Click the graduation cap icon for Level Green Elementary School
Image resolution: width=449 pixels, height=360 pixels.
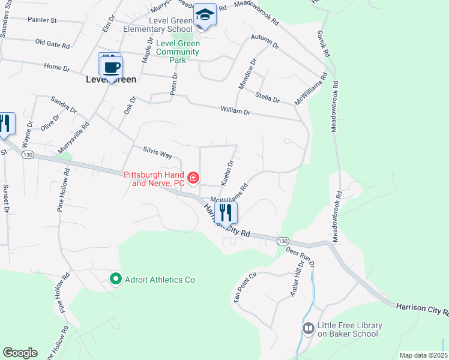tap(205, 14)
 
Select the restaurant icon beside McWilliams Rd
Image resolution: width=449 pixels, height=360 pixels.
tap(226, 212)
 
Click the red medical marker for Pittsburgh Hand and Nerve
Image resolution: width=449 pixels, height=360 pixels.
tap(193, 177)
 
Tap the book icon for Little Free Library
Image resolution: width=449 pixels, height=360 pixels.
tap(308, 328)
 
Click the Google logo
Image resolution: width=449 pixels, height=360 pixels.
tap(20, 353)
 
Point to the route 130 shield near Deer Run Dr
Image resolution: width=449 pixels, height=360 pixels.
tap(282, 240)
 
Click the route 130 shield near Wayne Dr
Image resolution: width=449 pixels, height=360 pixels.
tap(28, 155)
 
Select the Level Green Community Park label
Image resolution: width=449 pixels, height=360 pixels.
tap(178, 52)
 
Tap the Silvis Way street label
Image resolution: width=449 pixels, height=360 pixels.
tap(157, 153)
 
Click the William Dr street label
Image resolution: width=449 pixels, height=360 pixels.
tap(235, 111)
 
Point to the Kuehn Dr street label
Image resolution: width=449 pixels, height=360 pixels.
tap(228, 172)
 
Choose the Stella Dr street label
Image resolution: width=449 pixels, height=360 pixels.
tap(267, 97)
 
